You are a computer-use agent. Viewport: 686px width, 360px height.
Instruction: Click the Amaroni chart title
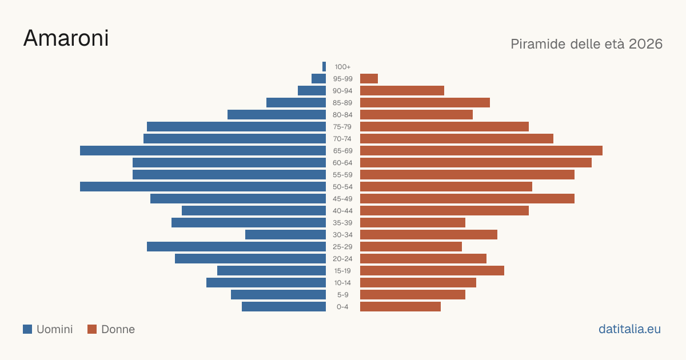point(66,38)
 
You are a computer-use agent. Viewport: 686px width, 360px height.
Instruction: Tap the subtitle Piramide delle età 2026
point(587,44)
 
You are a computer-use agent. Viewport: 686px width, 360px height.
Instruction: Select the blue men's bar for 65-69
point(203,151)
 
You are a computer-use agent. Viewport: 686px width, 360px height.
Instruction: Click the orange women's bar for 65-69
point(481,151)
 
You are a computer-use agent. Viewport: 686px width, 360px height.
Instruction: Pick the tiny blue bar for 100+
point(324,66)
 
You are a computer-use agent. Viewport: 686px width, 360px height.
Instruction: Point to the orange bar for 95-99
point(369,79)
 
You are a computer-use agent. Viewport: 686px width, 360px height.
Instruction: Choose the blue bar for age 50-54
point(203,187)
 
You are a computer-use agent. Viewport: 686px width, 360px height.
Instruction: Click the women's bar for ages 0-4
point(400,307)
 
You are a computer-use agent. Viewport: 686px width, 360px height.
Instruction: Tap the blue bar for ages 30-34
point(285,235)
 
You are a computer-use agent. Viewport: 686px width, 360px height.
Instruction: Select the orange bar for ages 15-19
point(432,271)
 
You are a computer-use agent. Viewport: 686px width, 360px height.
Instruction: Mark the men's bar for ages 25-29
point(237,247)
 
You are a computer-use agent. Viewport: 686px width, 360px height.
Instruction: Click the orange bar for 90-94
point(402,91)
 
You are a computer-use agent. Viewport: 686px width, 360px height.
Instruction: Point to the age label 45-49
point(342,199)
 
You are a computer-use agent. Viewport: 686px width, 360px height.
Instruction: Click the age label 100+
point(342,67)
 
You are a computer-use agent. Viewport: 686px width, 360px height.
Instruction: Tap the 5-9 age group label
point(342,295)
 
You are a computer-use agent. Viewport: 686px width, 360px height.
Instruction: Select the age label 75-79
point(342,127)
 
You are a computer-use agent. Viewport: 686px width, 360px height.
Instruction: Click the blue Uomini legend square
point(27,329)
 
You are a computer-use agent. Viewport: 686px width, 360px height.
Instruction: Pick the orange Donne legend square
point(92,329)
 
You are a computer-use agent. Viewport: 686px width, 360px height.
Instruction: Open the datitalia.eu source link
point(629,329)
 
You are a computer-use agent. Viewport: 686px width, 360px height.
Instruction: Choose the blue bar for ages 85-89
point(296,102)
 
